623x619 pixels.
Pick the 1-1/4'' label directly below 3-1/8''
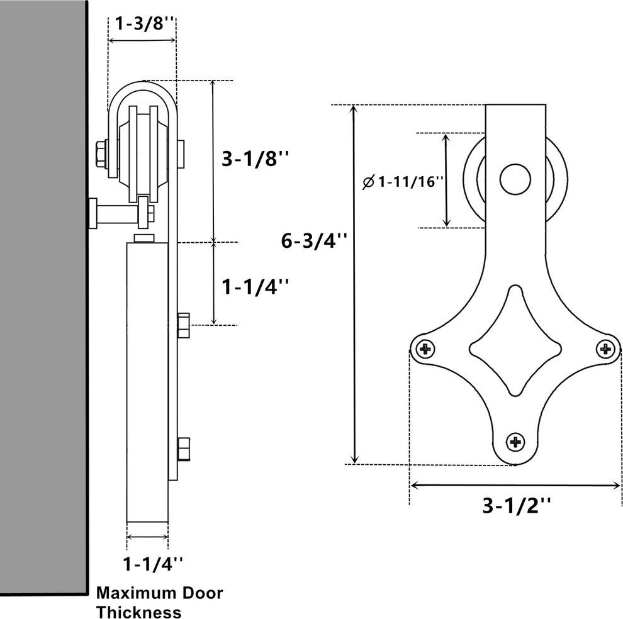tap(255, 287)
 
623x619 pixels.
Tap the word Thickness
tap(138, 611)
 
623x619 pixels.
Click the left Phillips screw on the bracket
tap(425, 347)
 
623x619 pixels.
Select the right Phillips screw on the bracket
tap(606, 347)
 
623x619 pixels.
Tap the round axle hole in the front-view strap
tap(515, 180)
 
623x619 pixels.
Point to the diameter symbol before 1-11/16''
tap(368, 183)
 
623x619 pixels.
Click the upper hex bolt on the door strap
tap(184, 324)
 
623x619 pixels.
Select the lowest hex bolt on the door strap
tap(184, 449)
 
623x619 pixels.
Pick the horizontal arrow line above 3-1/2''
tap(515, 485)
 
